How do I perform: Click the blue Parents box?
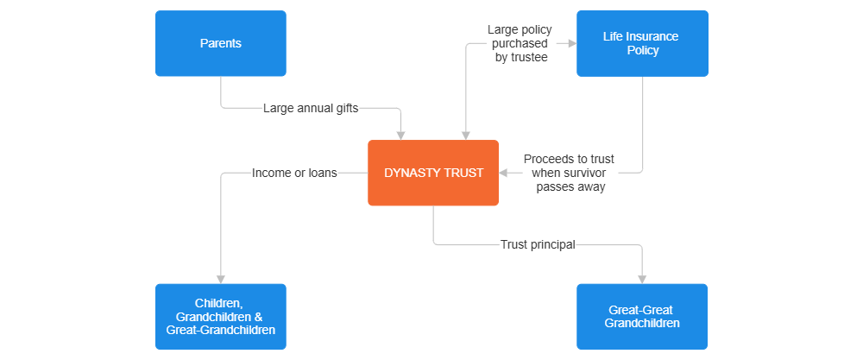coord(220,43)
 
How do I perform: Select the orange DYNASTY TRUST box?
coord(433,173)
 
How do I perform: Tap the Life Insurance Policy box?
coord(642,43)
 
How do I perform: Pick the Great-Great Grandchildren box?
coord(642,317)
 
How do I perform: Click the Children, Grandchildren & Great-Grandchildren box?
coord(220,317)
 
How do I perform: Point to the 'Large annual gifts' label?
coord(311,109)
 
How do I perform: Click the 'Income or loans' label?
coord(293,173)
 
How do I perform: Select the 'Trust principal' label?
coord(538,244)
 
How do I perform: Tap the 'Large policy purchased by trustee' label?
coord(520,43)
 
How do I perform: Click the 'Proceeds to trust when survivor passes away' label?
coord(570,173)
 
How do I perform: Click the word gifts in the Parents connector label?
coord(343,109)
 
